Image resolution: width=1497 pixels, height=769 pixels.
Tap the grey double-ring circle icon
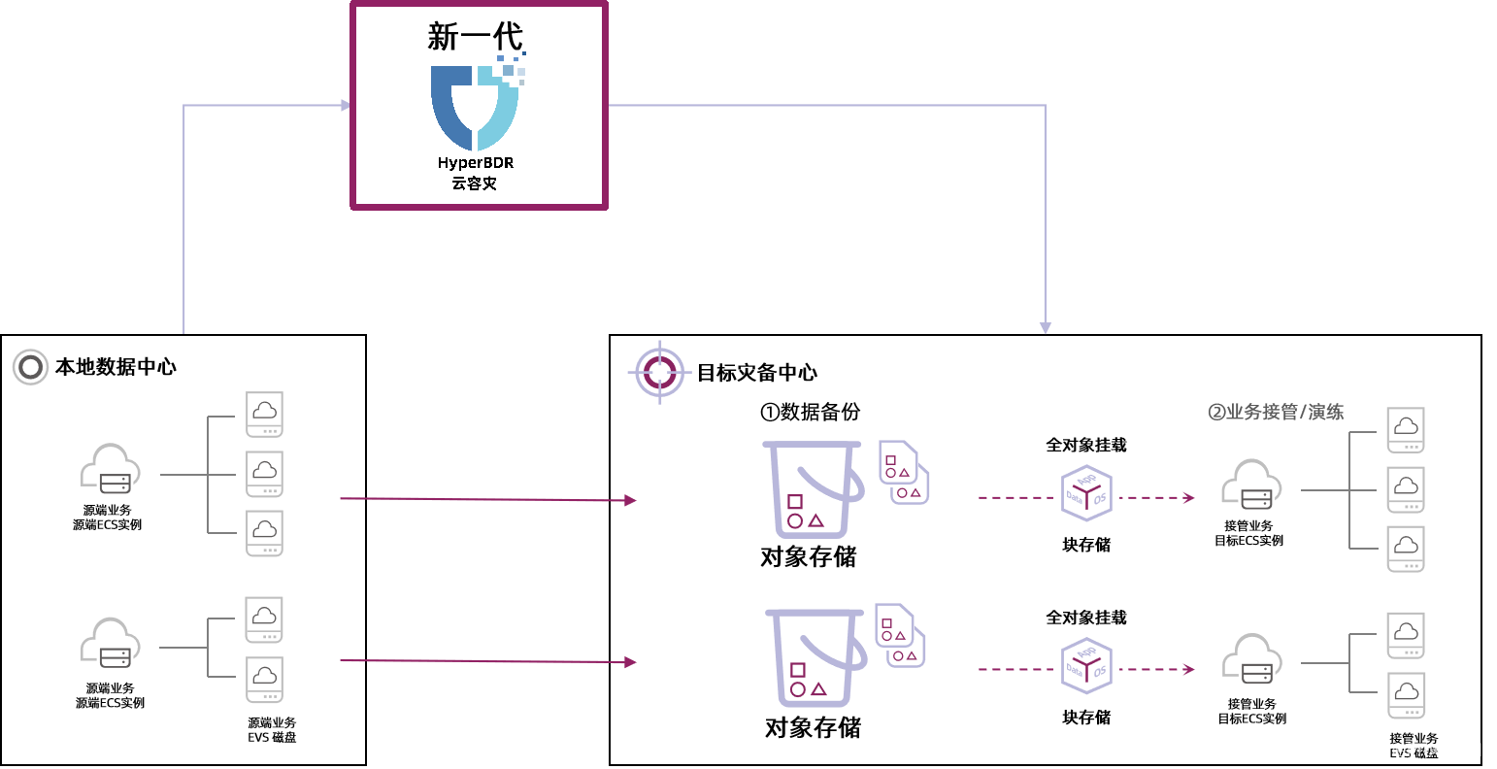[30, 367]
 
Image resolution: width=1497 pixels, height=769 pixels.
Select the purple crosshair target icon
[660, 371]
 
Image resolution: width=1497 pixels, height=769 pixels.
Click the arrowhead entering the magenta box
[345, 105]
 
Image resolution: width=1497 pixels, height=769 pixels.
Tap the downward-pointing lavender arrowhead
[1045, 327]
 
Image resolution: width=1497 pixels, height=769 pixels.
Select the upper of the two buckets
[813, 488]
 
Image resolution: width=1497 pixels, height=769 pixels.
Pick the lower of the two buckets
[815, 656]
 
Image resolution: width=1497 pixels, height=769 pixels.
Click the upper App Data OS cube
[1086, 492]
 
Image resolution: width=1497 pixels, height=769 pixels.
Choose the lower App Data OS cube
[1086, 665]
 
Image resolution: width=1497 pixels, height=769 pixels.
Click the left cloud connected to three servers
[110, 471]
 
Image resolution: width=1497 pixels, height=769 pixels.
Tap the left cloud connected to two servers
[110, 644]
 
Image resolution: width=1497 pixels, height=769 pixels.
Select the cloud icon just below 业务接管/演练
[1251, 485]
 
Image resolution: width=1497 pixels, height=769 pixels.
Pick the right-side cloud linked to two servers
[1251, 659]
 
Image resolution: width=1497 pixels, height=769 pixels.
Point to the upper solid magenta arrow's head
[631, 500]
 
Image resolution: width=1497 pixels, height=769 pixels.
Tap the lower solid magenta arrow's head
[631, 662]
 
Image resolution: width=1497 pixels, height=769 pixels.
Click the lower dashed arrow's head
[1189, 669]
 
